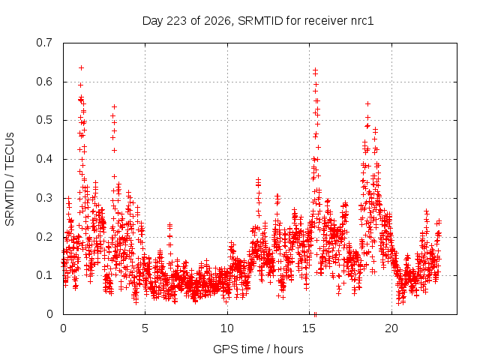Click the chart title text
point(258,21)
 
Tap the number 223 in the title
point(177,21)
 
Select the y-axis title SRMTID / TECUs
point(10,179)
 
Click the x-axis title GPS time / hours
point(258,349)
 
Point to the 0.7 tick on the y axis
point(44,43)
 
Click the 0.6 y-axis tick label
point(44,82)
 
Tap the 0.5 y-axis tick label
point(44,120)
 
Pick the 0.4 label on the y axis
point(44,159)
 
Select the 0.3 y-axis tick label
point(44,198)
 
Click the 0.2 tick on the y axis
point(44,237)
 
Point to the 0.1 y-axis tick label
point(44,275)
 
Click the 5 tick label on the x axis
point(145,328)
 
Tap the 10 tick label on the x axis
point(227,328)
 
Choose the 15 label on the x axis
point(309,328)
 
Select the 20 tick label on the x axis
point(391,328)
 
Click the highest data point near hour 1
point(81,68)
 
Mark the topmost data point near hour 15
point(315,70)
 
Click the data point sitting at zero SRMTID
point(315,314)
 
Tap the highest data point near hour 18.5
point(367,104)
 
